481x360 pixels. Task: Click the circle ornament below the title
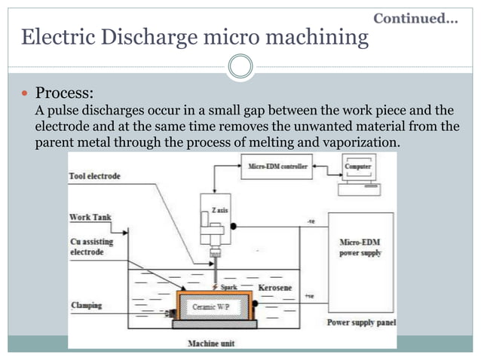click(240, 67)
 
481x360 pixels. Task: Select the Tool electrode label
click(94, 176)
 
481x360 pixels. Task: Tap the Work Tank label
click(90, 218)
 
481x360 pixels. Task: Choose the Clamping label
click(86, 306)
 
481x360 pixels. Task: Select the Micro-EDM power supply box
click(362, 249)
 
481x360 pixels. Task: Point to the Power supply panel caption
click(361, 323)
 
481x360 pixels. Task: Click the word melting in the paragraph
click(285, 142)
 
